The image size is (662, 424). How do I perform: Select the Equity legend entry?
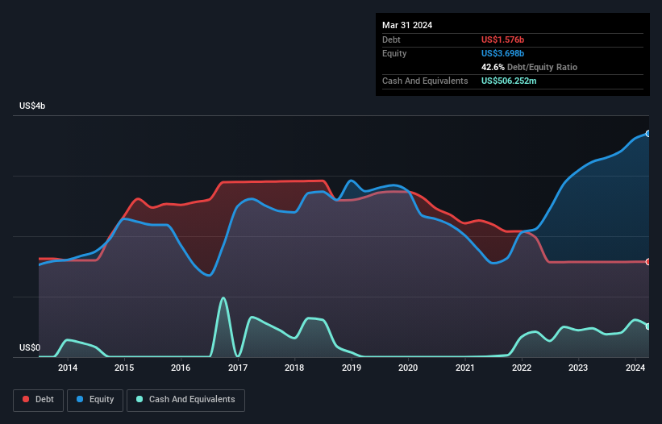pos(95,399)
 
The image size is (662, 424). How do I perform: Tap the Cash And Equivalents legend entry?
pos(185,399)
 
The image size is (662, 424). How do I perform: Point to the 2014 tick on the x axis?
pos(68,368)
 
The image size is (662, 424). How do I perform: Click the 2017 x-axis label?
pos(238,368)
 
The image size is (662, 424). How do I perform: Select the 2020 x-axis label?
pos(408,368)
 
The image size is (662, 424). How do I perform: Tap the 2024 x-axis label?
pos(635,368)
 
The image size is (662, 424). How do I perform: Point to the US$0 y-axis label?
pos(30,348)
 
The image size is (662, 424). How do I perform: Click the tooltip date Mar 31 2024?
pos(407,25)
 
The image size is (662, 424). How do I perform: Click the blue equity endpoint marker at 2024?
pos(648,134)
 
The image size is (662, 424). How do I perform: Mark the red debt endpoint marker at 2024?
pos(648,262)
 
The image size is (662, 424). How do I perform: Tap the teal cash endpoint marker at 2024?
pos(648,326)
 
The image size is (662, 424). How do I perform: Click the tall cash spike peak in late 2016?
pos(223,298)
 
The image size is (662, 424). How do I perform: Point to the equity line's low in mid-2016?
pos(209,275)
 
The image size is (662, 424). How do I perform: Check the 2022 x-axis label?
pos(522,368)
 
